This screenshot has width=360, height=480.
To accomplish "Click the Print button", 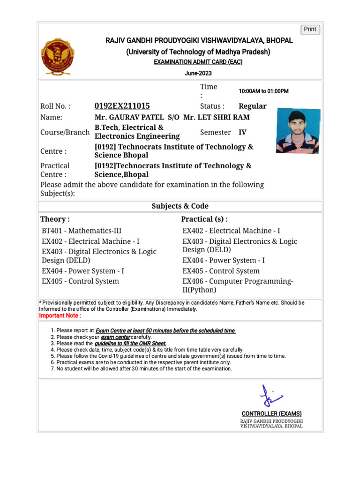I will click(310, 29).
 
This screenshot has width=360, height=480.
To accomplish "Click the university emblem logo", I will click(58, 57).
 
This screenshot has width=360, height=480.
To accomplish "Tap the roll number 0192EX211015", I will click(122, 106).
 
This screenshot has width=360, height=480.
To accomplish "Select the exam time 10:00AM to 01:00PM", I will click(263, 91).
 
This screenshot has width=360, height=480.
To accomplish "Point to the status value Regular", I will click(252, 106).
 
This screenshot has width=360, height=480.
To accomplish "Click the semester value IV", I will click(242, 132).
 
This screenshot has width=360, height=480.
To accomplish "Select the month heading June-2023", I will click(198, 73).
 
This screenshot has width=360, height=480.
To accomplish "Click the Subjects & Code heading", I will click(180, 206).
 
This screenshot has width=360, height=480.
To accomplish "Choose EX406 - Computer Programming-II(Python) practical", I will click(238, 285).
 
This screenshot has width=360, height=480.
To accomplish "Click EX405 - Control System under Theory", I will click(80, 281).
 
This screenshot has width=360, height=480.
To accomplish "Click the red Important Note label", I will click(60, 315).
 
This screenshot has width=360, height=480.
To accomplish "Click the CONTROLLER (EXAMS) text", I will click(271, 413).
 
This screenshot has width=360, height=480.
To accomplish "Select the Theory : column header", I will click(55, 219).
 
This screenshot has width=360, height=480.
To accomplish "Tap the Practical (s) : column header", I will click(204, 219).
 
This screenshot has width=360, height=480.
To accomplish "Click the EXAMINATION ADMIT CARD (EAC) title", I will click(198, 62).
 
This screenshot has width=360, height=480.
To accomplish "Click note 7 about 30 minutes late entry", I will click(141, 369).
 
